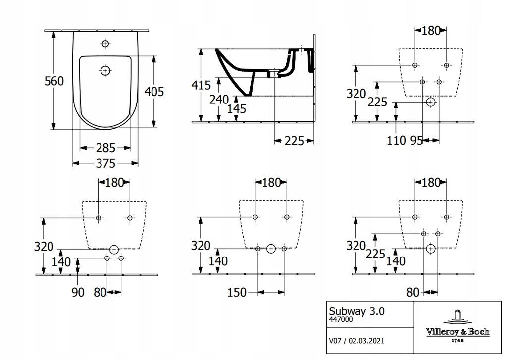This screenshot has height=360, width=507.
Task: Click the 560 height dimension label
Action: click(x=54, y=81)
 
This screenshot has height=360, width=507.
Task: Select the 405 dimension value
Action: click(x=154, y=91)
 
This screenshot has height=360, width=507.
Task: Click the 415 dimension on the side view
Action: click(x=201, y=85)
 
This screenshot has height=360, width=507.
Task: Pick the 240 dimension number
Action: click(x=219, y=99)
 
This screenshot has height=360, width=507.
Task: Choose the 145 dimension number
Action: click(x=236, y=108)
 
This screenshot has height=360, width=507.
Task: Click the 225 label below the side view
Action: click(x=295, y=141)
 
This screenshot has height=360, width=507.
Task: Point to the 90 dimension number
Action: click(x=77, y=293)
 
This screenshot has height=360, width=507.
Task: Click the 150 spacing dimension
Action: click(x=237, y=293)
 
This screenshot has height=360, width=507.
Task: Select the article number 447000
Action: click(x=341, y=320)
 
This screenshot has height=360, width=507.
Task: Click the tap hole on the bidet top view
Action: click(x=105, y=44)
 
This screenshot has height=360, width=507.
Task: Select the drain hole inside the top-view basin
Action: click(x=105, y=71)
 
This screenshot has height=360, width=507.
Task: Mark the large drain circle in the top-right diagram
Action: click(x=431, y=103)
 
